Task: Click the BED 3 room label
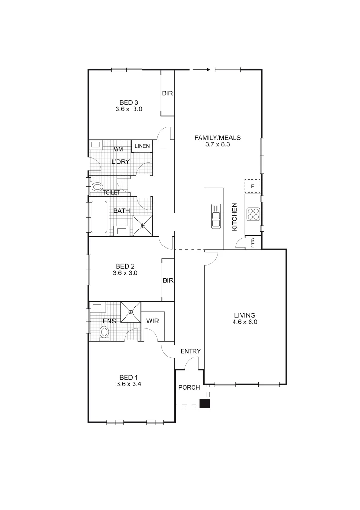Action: click(129, 102)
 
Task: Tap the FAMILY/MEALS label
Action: click(218, 138)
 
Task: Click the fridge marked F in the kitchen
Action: click(252, 187)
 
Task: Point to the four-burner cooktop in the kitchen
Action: click(253, 214)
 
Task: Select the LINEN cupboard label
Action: click(142, 146)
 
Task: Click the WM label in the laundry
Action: click(118, 149)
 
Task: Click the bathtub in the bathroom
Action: click(99, 217)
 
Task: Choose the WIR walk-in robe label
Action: click(152, 321)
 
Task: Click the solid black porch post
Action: click(205, 403)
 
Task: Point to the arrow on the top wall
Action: click(201, 70)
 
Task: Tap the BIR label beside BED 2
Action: click(168, 280)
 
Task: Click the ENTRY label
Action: click(191, 351)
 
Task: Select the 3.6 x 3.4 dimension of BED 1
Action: click(129, 384)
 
